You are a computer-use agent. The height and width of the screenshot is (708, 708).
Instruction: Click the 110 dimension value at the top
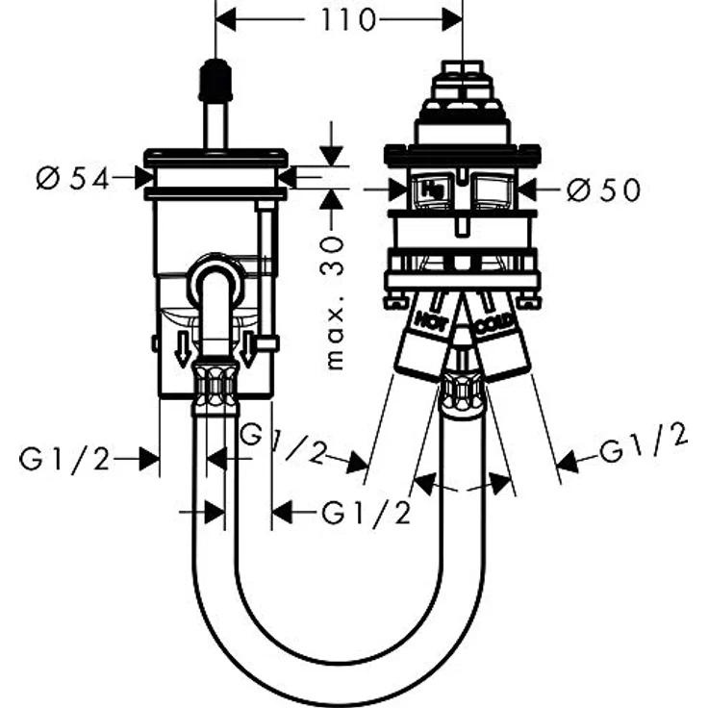click(347, 20)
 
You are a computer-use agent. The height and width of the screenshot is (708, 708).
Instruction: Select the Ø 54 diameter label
click(73, 179)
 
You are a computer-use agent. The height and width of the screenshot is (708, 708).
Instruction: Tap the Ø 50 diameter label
click(604, 190)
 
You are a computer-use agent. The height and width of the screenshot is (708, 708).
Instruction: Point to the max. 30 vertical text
click(335, 302)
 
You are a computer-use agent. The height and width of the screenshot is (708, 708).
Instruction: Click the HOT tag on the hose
click(432, 320)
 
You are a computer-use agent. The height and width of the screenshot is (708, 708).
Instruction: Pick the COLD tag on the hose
click(494, 324)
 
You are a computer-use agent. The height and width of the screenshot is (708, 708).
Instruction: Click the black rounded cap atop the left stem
click(215, 80)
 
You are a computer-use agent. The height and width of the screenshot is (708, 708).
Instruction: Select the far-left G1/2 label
click(64, 460)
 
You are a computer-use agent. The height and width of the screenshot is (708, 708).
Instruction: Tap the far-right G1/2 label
click(643, 443)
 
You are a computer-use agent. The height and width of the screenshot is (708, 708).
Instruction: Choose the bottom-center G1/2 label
click(367, 514)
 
